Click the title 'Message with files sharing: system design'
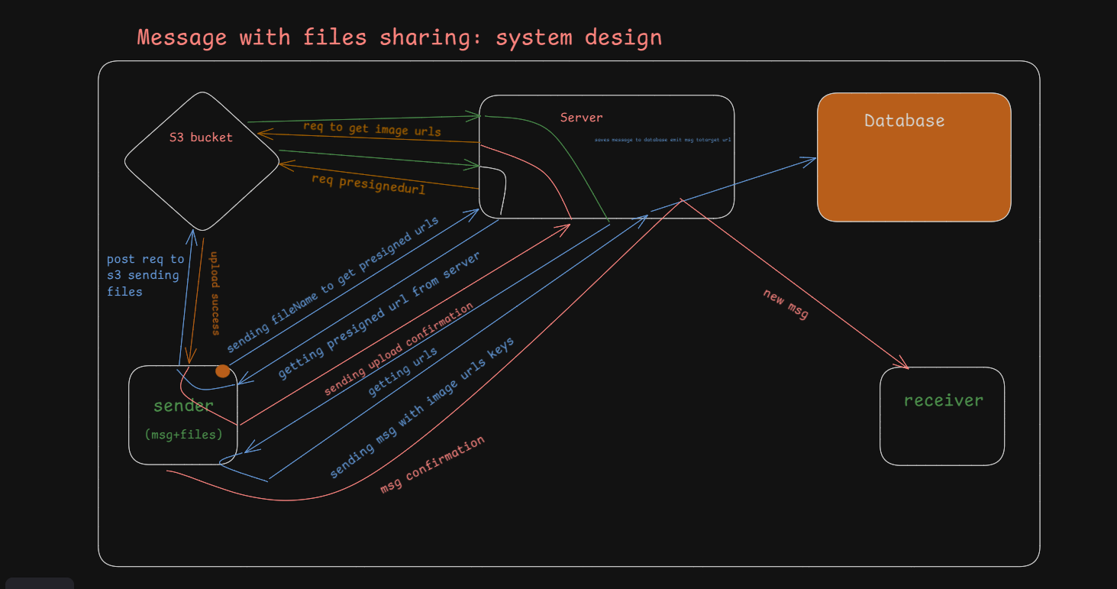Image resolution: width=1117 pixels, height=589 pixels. (399, 37)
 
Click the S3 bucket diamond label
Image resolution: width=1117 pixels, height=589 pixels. (201, 138)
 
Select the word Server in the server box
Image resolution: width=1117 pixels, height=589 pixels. (581, 118)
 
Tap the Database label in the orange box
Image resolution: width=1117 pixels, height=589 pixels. (904, 121)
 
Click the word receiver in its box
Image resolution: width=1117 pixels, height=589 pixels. (943, 400)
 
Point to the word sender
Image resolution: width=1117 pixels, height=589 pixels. (183, 406)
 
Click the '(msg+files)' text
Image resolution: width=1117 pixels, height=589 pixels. (183, 435)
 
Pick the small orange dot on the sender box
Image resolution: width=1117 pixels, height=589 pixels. (222, 371)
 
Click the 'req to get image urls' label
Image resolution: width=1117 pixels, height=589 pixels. (372, 128)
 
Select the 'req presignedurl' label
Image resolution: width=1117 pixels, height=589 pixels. (368, 183)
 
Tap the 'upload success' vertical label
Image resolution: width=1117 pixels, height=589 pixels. (215, 293)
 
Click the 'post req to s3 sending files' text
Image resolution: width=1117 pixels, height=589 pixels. (145, 275)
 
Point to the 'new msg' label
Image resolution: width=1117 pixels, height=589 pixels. (785, 304)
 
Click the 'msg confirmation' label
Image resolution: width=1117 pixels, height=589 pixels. (432, 464)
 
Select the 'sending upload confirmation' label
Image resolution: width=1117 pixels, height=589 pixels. (399, 349)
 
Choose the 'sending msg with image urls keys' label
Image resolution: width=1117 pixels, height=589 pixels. (421, 408)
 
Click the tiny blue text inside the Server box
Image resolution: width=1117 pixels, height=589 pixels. (663, 140)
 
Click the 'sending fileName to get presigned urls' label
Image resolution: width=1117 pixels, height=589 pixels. (333, 285)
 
